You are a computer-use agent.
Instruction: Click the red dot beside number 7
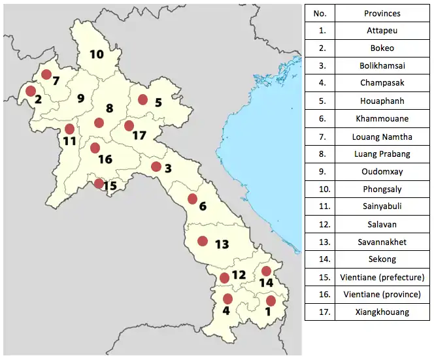click(x=46, y=74)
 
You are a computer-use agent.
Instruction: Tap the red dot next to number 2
click(x=30, y=91)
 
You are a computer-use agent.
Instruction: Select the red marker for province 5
click(x=142, y=99)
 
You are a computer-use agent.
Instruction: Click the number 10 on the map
click(x=97, y=54)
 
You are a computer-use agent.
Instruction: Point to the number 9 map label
click(x=81, y=99)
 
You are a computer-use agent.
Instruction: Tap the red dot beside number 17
click(x=129, y=125)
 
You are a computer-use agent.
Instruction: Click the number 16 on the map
click(x=105, y=159)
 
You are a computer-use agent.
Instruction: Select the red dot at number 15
click(x=99, y=184)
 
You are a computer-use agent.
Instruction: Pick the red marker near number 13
click(x=203, y=240)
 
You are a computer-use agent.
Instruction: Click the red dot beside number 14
click(x=266, y=271)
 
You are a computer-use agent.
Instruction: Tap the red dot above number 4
click(x=227, y=299)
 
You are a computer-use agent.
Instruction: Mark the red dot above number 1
click(x=271, y=301)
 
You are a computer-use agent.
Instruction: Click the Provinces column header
click(x=382, y=13)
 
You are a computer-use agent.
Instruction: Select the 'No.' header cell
click(x=320, y=13)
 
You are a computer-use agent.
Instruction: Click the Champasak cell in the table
click(x=382, y=83)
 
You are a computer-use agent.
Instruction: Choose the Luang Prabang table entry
click(x=382, y=154)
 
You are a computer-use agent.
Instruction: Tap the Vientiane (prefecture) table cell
click(x=382, y=277)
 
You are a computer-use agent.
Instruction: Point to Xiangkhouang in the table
click(x=382, y=312)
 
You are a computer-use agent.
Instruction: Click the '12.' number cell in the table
click(x=320, y=224)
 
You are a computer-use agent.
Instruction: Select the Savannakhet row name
click(x=382, y=242)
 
